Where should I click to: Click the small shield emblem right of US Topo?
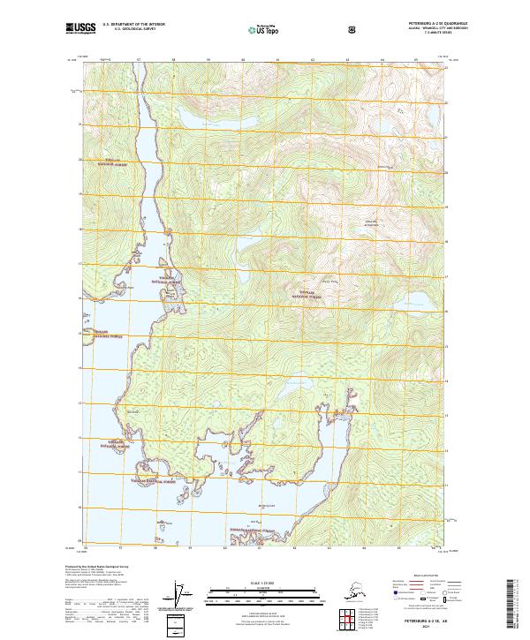(353, 30)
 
